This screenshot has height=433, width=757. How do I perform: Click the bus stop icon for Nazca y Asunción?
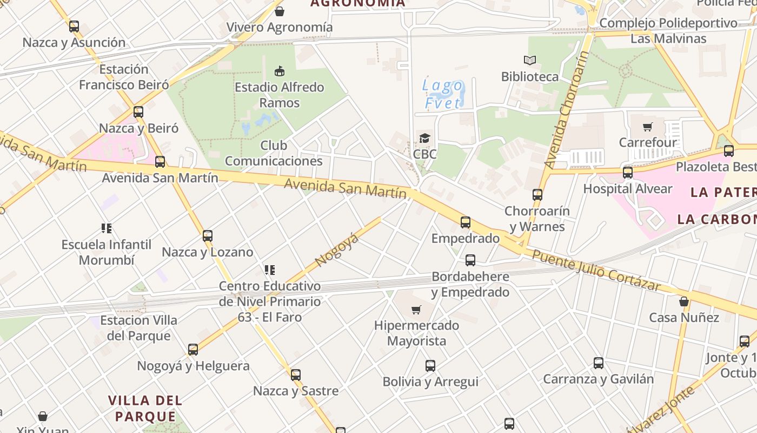(x=74, y=26)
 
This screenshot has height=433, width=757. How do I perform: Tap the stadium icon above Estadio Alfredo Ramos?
(x=280, y=71)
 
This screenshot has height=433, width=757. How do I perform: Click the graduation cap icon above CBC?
(x=424, y=138)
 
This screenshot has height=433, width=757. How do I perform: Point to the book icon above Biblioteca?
(x=529, y=61)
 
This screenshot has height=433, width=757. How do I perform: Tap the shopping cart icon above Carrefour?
(x=647, y=127)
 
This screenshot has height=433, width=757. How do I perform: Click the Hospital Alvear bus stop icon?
(x=627, y=173)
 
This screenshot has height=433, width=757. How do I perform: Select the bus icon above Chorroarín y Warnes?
(x=537, y=194)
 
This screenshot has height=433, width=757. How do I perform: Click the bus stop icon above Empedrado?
(x=465, y=222)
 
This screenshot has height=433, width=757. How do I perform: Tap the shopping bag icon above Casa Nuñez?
(x=684, y=301)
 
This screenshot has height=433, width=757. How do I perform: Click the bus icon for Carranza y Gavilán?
(x=598, y=363)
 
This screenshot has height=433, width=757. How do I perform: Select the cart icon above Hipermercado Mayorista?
(x=416, y=310)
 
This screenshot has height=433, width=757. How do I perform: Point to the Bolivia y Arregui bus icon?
(x=430, y=365)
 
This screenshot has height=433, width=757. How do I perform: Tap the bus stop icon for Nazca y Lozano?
(x=207, y=236)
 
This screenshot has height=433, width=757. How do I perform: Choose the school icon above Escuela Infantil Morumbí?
(x=106, y=228)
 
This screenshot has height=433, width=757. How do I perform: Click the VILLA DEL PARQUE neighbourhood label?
(x=145, y=408)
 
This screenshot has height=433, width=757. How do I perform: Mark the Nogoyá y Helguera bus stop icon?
(x=193, y=350)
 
